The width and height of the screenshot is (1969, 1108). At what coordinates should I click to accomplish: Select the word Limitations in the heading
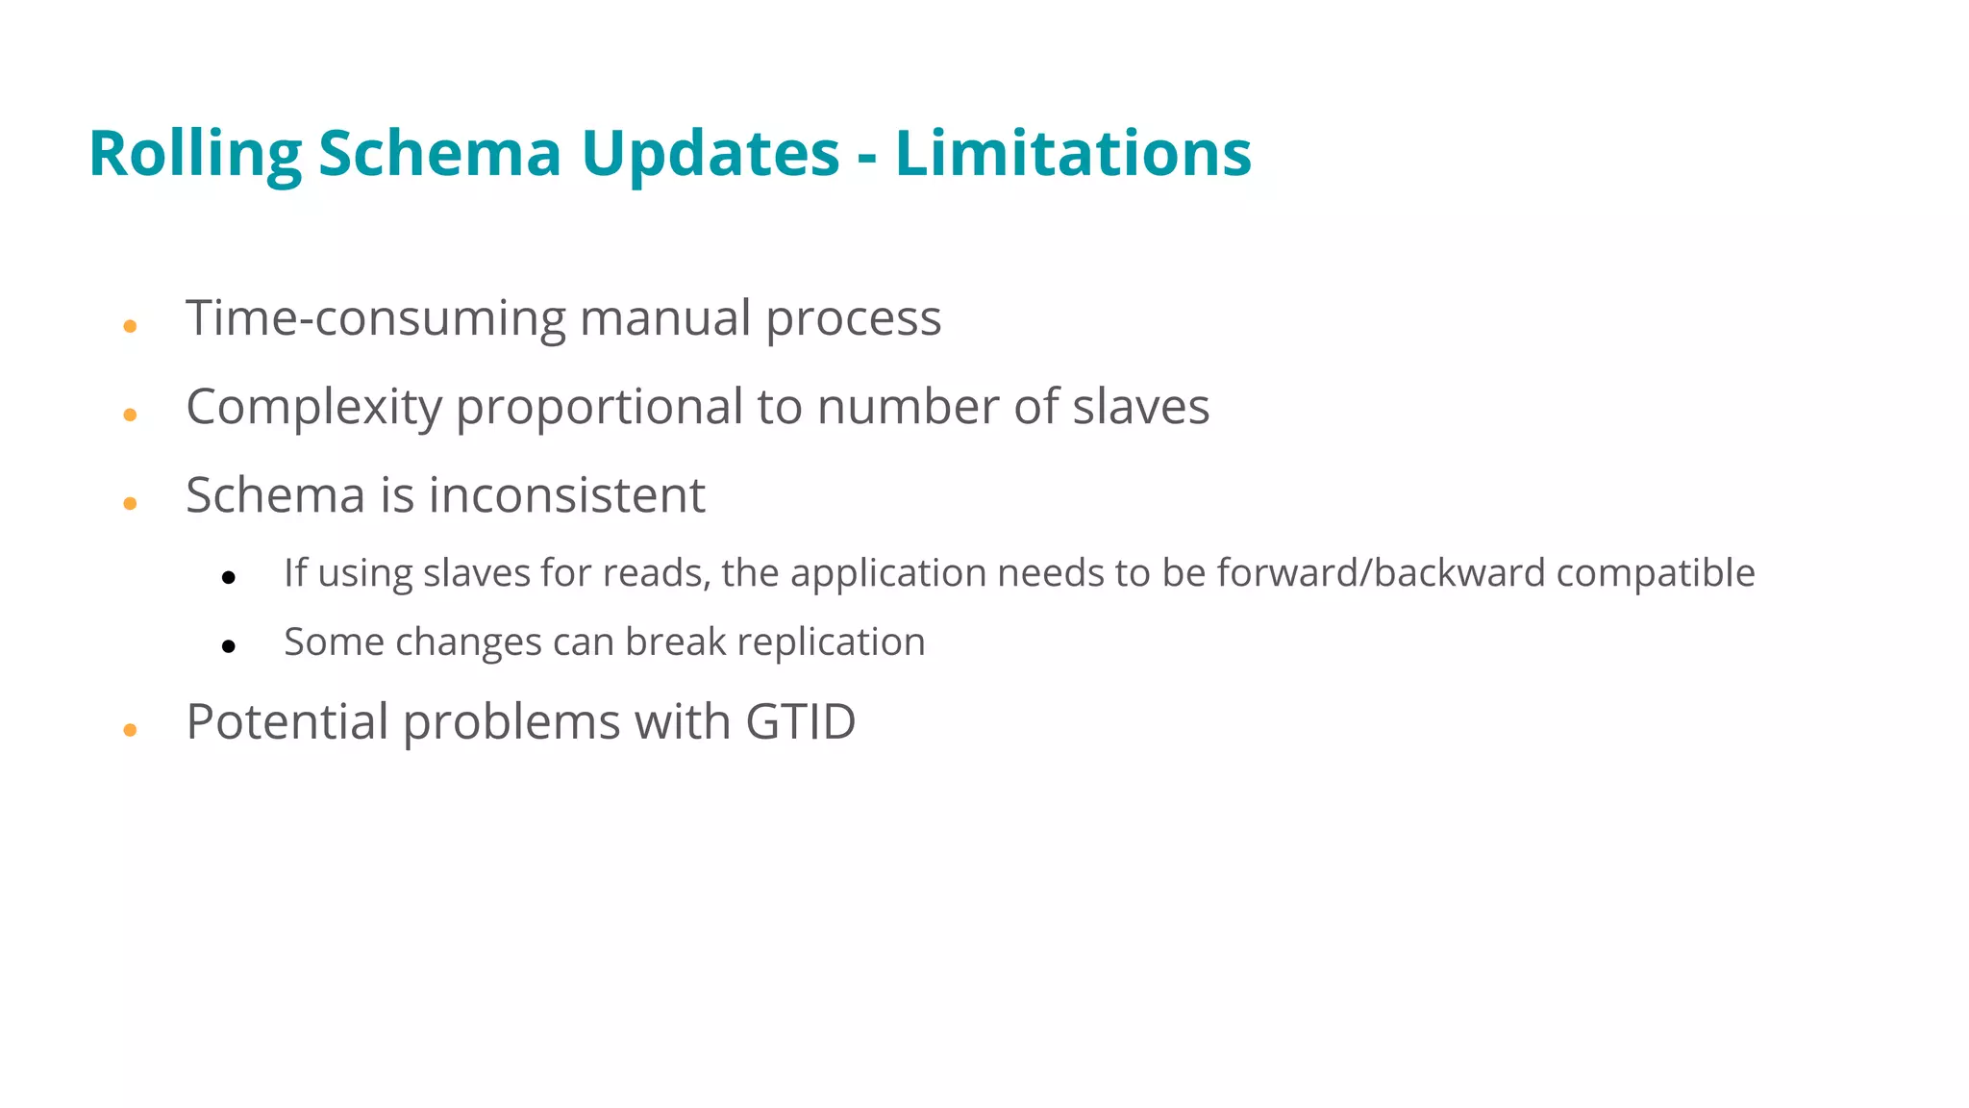pyautogui.click(x=1073, y=154)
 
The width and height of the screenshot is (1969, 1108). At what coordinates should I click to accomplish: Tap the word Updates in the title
pyautogui.click(x=710, y=154)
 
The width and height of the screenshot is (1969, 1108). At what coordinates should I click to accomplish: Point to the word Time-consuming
pyautogui.click(x=376, y=318)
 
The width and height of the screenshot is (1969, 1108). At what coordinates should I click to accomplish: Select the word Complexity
pyautogui.click(x=313, y=408)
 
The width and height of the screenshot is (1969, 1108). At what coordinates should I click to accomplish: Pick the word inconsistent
pyautogui.click(x=566, y=495)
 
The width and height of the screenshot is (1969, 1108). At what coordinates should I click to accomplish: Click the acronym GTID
pyautogui.click(x=800, y=722)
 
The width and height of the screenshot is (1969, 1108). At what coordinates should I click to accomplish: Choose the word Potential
pyautogui.click(x=287, y=722)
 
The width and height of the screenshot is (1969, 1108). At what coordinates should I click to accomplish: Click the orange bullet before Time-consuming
pyautogui.click(x=130, y=327)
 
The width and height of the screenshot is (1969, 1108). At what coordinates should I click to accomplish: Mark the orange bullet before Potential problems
pyautogui.click(x=130, y=731)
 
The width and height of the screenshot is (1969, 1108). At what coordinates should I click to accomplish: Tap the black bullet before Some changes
pyautogui.click(x=228, y=646)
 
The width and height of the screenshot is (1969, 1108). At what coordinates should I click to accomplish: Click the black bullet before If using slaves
pyautogui.click(x=228, y=577)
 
